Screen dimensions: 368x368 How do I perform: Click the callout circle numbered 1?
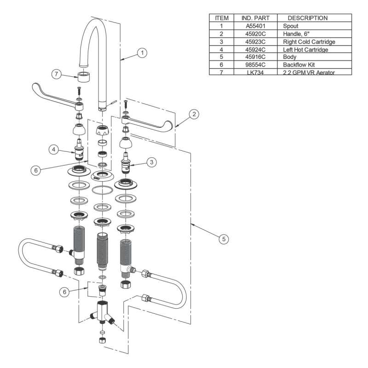142,53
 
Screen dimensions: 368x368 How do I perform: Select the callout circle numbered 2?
194,114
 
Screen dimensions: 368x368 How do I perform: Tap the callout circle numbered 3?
152,162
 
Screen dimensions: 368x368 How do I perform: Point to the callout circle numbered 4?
54,149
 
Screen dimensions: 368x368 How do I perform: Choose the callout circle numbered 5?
224,239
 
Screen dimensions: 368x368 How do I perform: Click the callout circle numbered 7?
56,74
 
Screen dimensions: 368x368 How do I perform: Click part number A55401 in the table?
255,26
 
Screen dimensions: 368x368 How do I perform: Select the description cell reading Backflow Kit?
299,64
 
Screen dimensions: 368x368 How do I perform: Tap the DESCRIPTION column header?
307,18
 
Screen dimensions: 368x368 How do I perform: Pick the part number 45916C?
255,57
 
